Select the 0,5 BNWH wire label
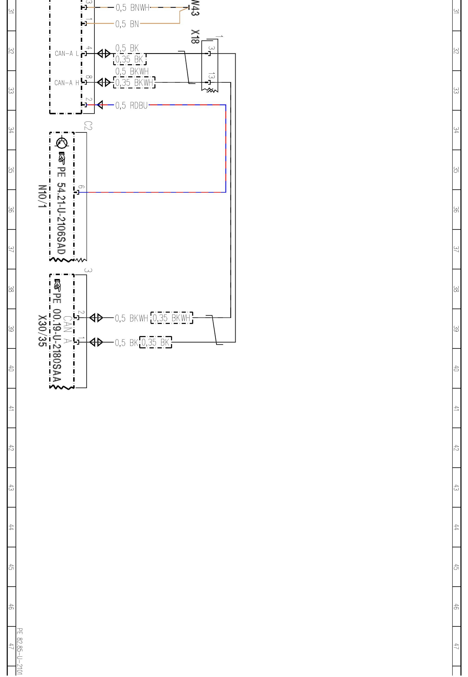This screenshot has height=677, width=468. click(132, 8)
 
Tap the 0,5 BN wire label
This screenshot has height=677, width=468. click(127, 24)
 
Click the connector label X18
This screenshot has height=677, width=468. click(195, 37)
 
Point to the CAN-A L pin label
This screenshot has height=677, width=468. click(67, 54)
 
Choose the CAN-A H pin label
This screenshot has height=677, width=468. click(67, 83)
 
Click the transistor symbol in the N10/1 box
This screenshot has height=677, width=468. click(62, 143)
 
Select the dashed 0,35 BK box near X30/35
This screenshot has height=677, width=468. click(156, 343)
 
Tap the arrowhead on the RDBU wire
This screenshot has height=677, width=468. click(100, 105)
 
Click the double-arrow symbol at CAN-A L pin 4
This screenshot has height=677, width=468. click(104, 54)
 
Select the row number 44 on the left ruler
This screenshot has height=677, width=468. click(11, 527)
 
